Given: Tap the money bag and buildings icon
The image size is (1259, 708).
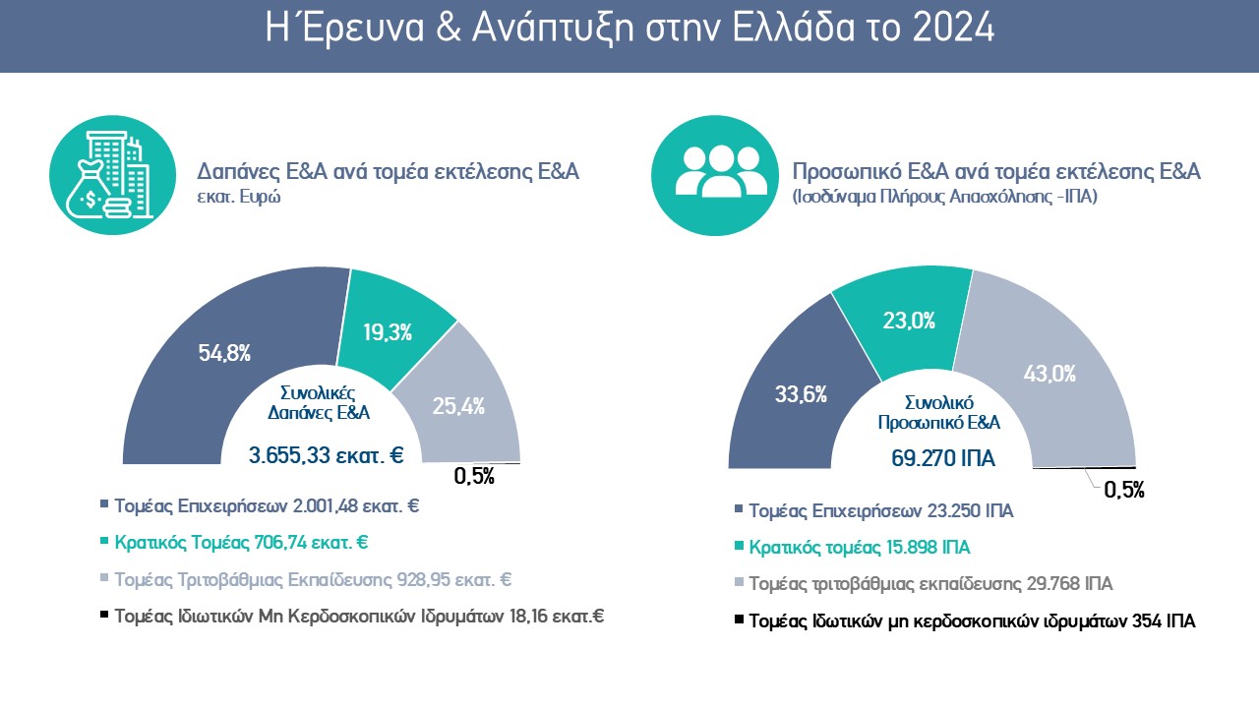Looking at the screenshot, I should point(109,173).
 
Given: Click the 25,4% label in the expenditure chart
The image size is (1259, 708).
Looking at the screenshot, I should point(458,405).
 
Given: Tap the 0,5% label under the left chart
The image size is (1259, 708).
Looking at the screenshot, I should point(474,478).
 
